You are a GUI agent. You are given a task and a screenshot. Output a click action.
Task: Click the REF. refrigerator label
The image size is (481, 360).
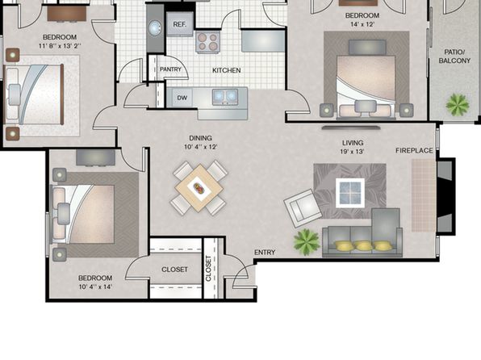tap(179, 24)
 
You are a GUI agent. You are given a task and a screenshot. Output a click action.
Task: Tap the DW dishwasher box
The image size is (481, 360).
tap(182, 98)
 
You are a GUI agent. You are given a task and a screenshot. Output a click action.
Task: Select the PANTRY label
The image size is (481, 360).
tap(170, 69)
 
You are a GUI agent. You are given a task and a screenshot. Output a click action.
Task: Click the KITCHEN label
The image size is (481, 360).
tap(227, 70)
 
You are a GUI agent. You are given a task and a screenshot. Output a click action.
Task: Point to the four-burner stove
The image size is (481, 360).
tap(207, 42)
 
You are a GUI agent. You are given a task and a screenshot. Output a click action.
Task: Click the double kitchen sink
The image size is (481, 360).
tap(225, 96)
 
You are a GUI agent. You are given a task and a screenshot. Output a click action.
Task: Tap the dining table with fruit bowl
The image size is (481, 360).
tap(199, 187)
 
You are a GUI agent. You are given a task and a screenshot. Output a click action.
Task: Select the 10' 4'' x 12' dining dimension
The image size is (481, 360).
tap(201, 147)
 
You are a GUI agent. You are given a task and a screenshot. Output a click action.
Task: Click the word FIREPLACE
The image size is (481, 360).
tap(414, 151)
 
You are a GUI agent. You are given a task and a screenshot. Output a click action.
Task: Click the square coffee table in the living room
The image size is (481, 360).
tap(350, 193)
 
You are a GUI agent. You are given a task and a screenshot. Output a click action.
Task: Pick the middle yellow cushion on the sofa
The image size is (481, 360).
tap(363, 245)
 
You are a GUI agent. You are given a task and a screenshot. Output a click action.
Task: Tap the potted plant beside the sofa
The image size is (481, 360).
tap(307, 242)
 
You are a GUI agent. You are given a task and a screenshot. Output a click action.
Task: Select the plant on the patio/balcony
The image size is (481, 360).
tap(457, 105)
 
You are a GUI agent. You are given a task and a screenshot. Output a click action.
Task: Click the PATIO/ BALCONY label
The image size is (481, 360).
tap(454, 57)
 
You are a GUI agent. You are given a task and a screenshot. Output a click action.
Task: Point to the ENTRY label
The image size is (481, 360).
tap(265, 253)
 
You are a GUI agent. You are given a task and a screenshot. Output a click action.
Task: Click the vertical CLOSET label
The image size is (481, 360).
tap(208, 269)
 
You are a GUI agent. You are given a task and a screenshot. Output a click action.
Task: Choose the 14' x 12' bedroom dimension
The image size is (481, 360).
tap(362, 24)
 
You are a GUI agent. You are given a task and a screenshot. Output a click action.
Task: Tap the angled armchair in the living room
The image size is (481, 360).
tap(303, 208)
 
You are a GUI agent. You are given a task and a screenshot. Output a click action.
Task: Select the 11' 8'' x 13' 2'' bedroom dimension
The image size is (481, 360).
tap(60, 46)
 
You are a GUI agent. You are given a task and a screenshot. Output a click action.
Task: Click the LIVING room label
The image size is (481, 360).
tap(353, 143)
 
